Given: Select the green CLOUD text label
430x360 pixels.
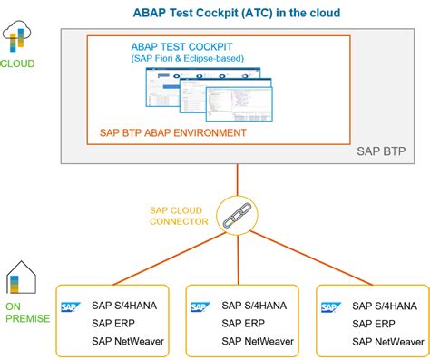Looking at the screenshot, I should [x=19, y=63].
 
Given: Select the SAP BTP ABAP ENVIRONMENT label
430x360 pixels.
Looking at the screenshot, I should [x=173, y=133].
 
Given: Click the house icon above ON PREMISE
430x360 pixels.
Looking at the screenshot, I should [x=19, y=277].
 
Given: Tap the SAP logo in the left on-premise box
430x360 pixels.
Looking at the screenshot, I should [x=69, y=307].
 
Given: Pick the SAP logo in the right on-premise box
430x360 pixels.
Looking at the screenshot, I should [x=329, y=307].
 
